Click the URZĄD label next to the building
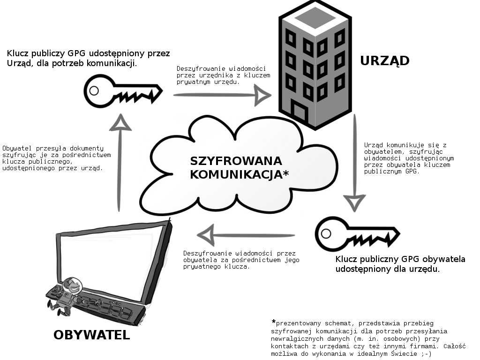[x=384, y=60]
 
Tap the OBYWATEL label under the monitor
[x=92, y=335]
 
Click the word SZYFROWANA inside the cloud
[x=236, y=161]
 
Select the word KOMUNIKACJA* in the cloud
[x=240, y=174]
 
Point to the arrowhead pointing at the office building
[x=262, y=95]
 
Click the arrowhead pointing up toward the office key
[x=120, y=122]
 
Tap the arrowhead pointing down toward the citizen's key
[x=354, y=202]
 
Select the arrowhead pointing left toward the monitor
[x=206, y=235]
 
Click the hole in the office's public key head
[x=94, y=90]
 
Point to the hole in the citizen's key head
[x=326, y=233]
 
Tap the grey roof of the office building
[x=315, y=17]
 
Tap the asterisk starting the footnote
[x=273, y=322]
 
